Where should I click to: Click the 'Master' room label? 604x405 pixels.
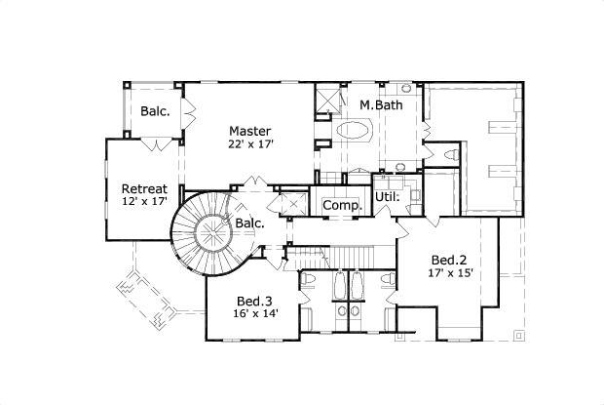[x=249, y=130]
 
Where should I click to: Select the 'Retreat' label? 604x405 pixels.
[x=143, y=188]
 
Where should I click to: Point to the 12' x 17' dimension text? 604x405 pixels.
[x=143, y=203]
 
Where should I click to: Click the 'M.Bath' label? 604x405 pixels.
[x=380, y=104]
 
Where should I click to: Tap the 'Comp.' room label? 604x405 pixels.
[x=342, y=205]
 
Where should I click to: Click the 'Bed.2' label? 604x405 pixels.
[x=450, y=260]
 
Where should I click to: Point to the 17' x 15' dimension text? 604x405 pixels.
[x=450, y=273]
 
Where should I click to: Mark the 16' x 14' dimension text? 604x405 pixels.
[x=256, y=313]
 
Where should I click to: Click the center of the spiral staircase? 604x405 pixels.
[x=208, y=233]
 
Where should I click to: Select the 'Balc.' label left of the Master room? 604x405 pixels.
[x=155, y=111]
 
